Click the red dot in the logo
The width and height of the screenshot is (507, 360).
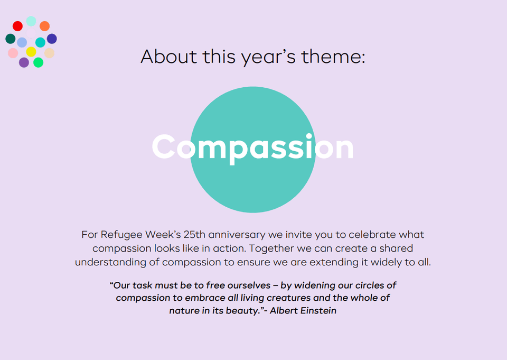pos(17,26)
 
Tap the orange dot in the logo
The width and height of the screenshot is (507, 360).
pos(44,26)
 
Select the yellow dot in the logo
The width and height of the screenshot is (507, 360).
pos(31,52)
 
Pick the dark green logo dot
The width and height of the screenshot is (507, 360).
pos(11,39)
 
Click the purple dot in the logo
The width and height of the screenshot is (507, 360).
pos(24,62)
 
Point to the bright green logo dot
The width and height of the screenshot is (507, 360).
pos(38,62)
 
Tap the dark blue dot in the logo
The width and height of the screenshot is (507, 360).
pos(52,39)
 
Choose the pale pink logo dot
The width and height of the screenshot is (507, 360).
pos(13,53)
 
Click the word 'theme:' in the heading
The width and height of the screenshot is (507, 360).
pos(333,57)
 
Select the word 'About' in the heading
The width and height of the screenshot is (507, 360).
pos(169,57)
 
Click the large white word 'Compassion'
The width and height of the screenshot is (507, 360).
pos(253,147)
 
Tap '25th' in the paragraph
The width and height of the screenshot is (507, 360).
pos(194,234)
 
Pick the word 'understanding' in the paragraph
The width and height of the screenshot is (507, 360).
pos(110,262)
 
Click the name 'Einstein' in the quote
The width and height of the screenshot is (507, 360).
pos(318,310)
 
